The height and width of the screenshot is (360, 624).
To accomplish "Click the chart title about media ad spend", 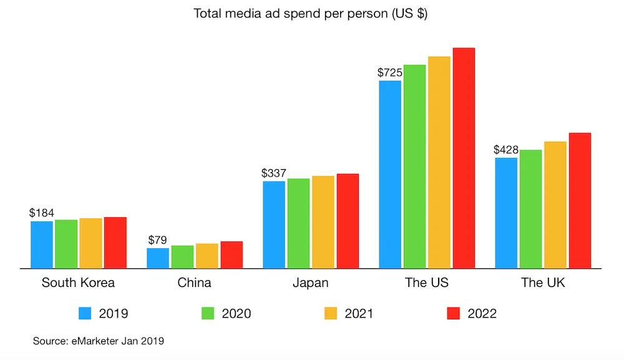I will point(310,14).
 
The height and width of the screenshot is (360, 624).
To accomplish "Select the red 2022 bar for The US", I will point(464,158).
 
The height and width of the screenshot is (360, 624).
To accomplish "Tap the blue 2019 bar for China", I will point(158,258).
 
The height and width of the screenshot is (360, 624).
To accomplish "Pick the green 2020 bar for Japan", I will point(298,223).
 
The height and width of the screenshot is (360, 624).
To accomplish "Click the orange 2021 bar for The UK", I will point(555,205).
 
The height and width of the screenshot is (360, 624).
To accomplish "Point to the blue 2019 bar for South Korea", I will point(42,245).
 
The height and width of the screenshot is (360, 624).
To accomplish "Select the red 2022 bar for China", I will point(232,255).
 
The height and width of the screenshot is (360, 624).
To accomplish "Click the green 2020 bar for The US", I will point(414,167).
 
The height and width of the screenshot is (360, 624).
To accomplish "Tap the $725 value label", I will point(389,72).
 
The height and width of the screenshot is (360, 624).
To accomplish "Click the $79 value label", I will point(158,240).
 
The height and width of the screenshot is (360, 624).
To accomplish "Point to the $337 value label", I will point(274,173).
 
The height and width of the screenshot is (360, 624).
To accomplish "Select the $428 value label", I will point(505,150).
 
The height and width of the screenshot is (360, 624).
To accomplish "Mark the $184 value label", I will point(42,213).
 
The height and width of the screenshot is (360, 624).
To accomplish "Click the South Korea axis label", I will point(78,283).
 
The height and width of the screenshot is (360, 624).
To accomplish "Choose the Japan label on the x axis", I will point(310,283).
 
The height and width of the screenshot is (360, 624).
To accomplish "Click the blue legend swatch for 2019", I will point(85,313).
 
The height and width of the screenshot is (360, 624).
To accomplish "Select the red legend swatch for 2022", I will point(454,313).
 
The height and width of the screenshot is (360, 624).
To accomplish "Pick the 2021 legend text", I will point(359,313).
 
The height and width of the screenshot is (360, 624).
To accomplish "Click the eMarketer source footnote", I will point(98,341).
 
